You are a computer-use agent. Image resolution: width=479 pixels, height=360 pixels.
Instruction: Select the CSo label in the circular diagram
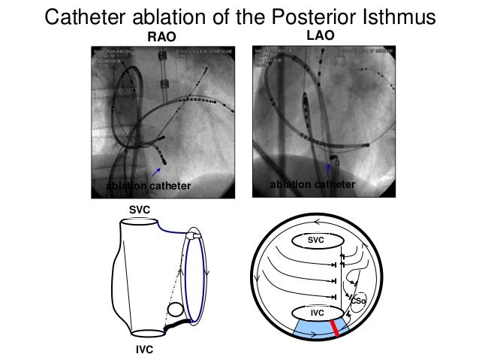point(358,301)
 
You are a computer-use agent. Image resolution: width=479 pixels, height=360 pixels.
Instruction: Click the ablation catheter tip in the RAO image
point(164,161)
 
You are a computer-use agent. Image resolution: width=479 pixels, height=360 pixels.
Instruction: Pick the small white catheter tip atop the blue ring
point(196,236)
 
